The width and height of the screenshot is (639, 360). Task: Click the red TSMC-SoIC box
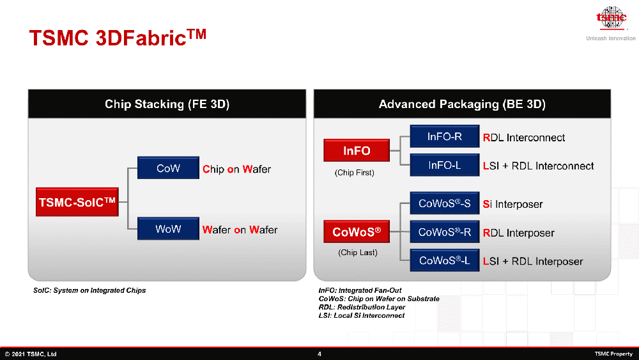pos(77,202)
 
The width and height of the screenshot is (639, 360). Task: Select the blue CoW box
pos(168,168)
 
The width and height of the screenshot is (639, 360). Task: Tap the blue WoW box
pos(168,228)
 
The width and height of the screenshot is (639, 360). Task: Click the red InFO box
pos(357,150)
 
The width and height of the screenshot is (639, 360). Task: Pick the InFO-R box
pos(445,136)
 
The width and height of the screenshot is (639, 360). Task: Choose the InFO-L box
pos(445,165)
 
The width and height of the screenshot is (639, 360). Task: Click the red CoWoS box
pos(357,231)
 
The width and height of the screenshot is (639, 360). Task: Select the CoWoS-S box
pos(445,203)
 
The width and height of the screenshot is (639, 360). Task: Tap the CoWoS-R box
pos(445,231)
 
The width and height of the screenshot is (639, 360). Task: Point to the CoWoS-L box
pos(445,260)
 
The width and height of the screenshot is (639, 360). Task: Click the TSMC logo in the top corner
pos(611,19)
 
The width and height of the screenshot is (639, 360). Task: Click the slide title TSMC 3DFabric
pos(118,38)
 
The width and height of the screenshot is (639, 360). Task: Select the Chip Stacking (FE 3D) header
pos(167,104)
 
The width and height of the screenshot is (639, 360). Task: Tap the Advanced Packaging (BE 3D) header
pos(462,104)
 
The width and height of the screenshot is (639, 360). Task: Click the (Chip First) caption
pos(355,173)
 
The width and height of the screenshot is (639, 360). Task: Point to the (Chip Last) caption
pos(358,253)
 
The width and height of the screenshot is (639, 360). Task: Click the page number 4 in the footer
pos(319,354)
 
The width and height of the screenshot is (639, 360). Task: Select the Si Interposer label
pos(512,204)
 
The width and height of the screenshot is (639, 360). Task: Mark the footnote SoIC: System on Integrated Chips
pos(89,290)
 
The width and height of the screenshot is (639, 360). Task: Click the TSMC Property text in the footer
pos(613,354)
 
